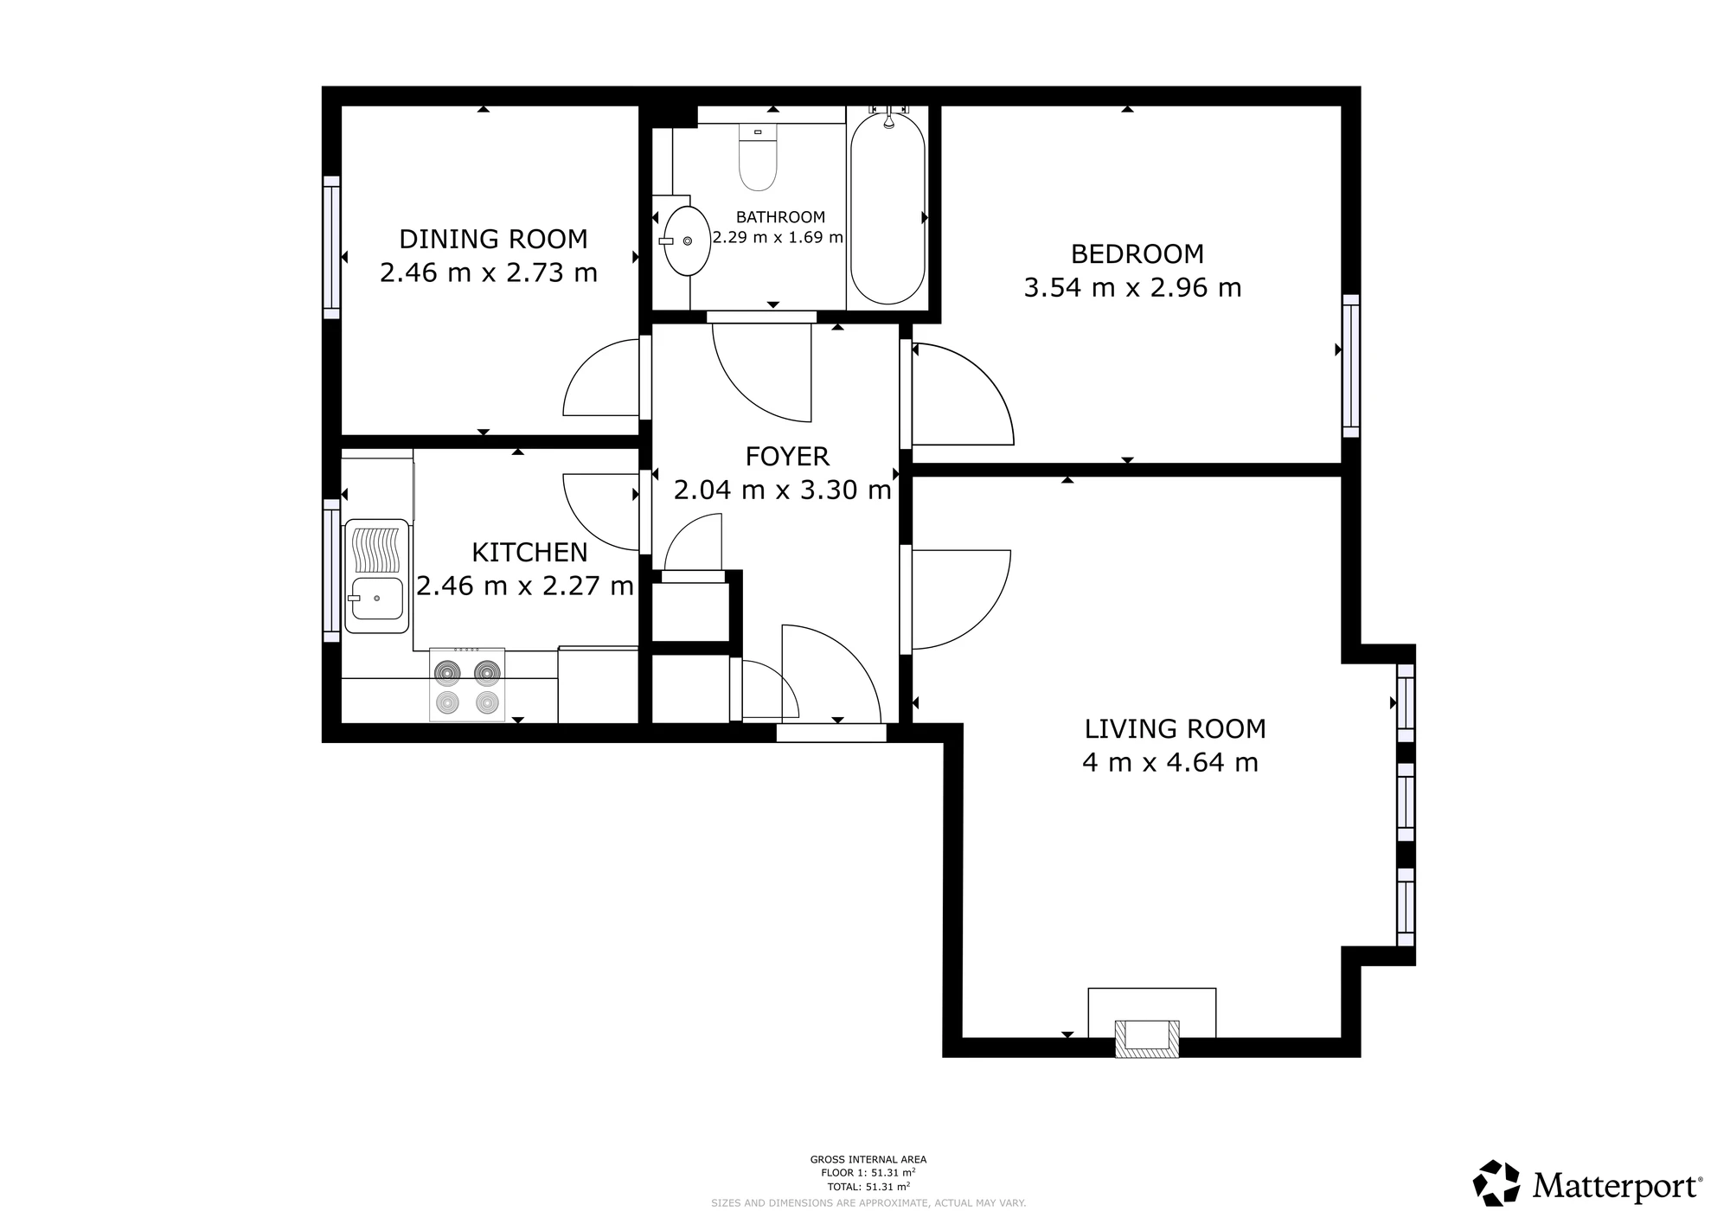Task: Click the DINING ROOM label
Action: click(493, 239)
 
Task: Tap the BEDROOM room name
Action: click(1137, 254)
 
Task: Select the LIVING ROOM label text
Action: click(1175, 729)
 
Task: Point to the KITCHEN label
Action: click(529, 552)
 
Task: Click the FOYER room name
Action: click(787, 456)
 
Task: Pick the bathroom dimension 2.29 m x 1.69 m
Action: click(778, 237)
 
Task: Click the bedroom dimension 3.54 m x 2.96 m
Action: click(1132, 288)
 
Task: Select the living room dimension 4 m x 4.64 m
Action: click(1169, 763)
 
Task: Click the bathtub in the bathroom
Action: click(887, 208)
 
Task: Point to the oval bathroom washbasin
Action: click(687, 241)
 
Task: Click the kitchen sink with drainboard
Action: click(376, 576)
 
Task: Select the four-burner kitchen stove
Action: click(467, 684)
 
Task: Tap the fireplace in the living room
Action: click(1147, 1038)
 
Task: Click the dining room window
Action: click(331, 247)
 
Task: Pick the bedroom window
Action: click(1350, 366)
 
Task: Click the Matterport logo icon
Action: click(1496, 1183)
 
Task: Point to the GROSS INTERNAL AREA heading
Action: click(868, 1160)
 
